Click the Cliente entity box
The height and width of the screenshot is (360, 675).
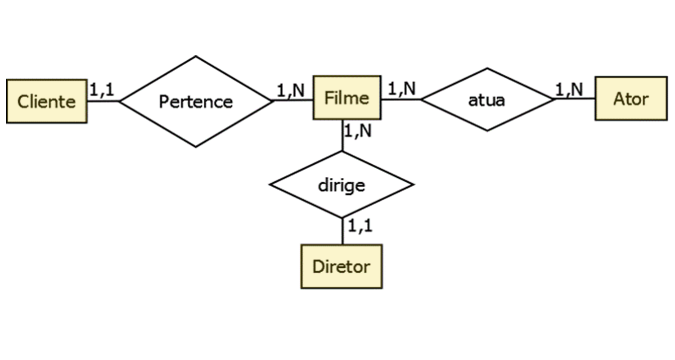click(46, 101)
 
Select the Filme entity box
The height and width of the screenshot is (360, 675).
click(346, 98)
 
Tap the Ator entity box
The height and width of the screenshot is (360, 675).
click(631, 99)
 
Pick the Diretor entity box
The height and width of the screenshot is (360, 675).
click(341, 266)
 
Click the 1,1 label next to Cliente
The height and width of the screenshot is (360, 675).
click(102, 90)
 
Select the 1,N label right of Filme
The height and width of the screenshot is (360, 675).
click(402, 89)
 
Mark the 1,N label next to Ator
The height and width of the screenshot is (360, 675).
click(569, 90)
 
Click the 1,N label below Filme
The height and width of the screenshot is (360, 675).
click(358, 131)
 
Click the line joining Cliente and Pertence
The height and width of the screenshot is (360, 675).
click(103, 101)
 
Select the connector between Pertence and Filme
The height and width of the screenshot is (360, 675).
click(292, 100)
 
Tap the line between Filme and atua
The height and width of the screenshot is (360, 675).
click(400, 99)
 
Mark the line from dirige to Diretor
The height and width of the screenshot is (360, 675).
click(342, 231)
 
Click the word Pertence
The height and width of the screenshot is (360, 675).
click(196, 102)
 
